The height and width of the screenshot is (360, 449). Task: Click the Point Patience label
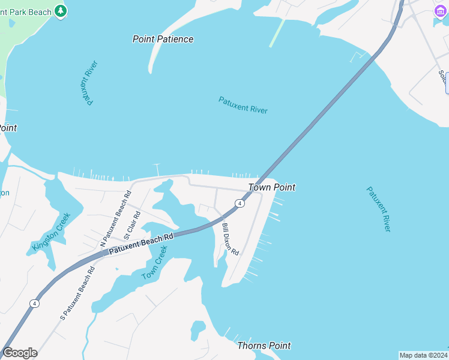coord(163,39)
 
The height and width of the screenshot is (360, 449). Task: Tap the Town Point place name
coord(272,187)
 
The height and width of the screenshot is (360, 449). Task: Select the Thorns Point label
coord(264,346)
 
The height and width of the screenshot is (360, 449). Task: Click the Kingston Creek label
coord(52,232)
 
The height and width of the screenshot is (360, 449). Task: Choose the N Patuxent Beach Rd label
coord(115,219)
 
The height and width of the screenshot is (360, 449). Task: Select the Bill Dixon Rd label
coord(231,239)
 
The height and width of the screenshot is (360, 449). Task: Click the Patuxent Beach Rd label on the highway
coord(140,244)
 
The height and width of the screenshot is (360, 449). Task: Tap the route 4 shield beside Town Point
coord(240,204)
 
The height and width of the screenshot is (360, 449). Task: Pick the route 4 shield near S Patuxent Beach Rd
coord(35,304)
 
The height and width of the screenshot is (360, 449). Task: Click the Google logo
coord(20,353)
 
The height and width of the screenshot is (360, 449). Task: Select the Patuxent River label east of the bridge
coord(379,209)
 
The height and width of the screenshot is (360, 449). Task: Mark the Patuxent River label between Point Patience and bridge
coord(243,105)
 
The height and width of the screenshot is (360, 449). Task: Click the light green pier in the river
coord(277,32)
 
